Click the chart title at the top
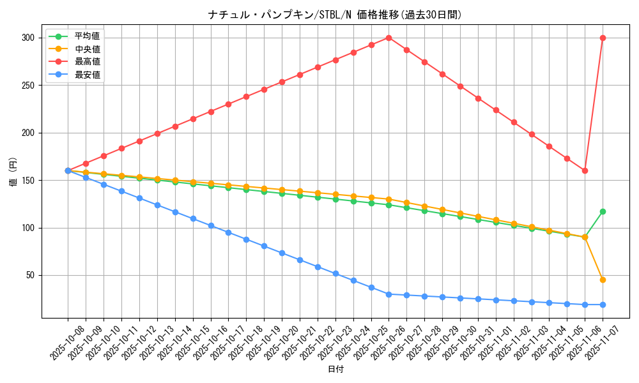tap(335, 15)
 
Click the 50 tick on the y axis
tap(29, 275)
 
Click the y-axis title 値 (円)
tap(13, 172)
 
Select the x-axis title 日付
tap(335, 370)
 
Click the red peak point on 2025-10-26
tap(389, 38)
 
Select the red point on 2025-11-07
tap(603, 38)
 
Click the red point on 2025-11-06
tap(585, 170)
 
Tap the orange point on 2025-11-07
tap(603, 280)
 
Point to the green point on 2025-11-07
tap(603, 211)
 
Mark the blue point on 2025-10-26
tap(389, 294)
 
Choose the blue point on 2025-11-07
tap(603, 304)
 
